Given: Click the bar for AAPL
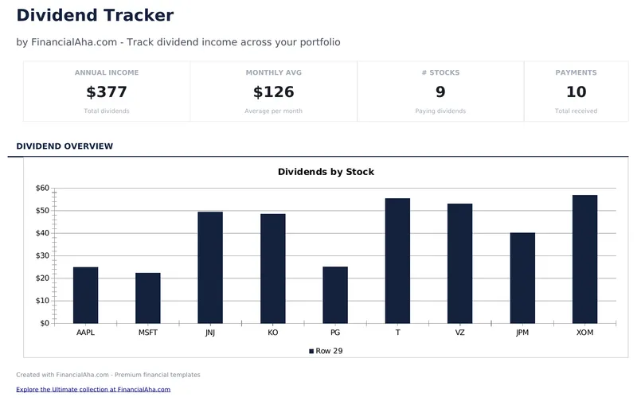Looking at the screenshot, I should click(x=85, y=295).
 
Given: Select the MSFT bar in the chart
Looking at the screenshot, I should click(x=148, y=298).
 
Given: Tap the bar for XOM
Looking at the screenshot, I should click(x=584, y=259).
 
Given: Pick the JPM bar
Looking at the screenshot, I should click(x=522, y=278).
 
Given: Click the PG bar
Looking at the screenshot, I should click(x=335, y=295).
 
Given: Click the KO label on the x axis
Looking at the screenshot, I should click(x=273, y=333).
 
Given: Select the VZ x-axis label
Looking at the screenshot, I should click(x=460, y=333).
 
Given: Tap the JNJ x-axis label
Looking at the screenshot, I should click(x=210, y=333).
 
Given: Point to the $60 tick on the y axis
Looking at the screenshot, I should click(x=42, y=189).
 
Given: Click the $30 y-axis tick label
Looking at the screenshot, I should click(x=42, y=256).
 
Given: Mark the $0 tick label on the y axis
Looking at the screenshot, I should click(x=45, y=323).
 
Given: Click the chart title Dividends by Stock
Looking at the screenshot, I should click(x=326, y=172).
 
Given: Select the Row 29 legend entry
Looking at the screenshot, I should click(x=326, y=351).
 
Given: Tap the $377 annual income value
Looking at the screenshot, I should click(x=107, y=92).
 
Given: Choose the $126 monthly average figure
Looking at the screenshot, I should click(x=274, y=92).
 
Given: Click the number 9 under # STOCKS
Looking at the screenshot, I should click(x=440, y=92).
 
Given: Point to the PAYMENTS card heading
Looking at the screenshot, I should click(x=576, y=72).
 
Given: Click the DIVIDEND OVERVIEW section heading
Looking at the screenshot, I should click(x=64, y=146).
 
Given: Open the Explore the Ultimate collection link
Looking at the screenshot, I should click(x=93, y=390).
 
